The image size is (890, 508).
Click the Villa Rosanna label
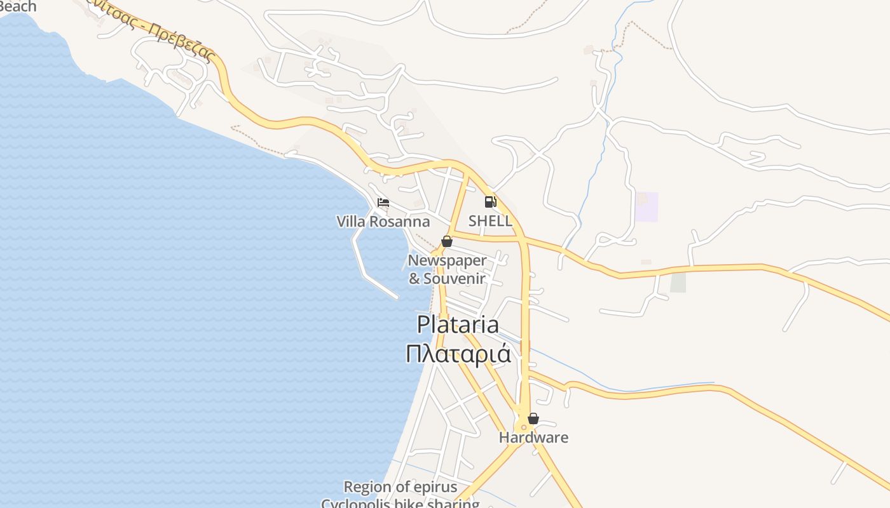(383, 222)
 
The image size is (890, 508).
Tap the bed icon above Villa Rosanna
(383, 203)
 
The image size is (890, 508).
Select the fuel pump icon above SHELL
(490, 202)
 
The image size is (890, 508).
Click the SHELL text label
(490, 221)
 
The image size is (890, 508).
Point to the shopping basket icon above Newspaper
(447, 241)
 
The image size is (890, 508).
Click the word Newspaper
(447, 260)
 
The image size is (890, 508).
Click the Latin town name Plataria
(458, 324)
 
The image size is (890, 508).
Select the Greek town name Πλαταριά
(458, 353)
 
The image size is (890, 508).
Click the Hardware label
(533, 438)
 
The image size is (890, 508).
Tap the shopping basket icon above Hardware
(533, 418)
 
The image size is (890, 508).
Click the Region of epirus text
(400, 487)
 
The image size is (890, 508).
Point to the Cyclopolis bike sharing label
(400, 504)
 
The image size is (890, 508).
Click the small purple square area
(647, 207)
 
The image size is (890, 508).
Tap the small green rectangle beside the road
(678, 282)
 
